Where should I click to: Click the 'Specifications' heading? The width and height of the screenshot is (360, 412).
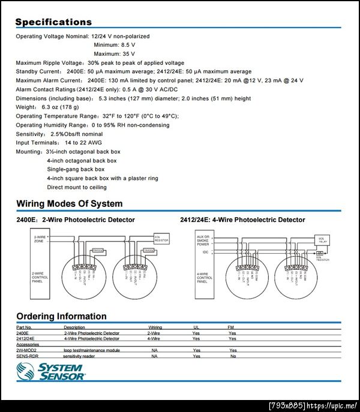pos(53,22)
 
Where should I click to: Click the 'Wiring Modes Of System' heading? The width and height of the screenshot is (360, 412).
pos(69,203)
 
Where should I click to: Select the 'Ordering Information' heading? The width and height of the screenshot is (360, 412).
pos(61,316)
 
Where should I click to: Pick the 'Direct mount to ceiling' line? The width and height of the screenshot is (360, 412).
pos(77,187)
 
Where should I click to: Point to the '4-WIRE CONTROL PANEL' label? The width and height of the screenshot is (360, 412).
pos(205,278)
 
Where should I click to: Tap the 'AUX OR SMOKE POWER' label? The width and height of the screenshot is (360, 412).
pos(203,240)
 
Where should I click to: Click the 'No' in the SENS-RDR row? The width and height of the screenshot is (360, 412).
pos(233,356)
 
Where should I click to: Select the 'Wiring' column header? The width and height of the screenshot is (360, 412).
pos(155,327)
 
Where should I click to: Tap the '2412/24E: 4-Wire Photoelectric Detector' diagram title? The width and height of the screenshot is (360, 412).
pos(242,220)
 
